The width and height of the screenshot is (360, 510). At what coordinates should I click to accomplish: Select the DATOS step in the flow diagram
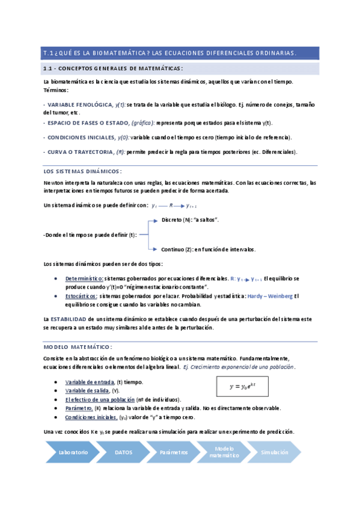[x=123, y=452]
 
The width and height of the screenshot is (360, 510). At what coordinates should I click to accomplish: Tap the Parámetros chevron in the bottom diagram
[x=174, y=452]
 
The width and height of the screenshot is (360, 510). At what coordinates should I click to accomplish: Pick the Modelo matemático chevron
[x=224, y=452]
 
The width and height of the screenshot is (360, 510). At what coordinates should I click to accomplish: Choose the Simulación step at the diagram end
[x=274, y=452]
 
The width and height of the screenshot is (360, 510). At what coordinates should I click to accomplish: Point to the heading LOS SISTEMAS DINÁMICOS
[x=83, y=171]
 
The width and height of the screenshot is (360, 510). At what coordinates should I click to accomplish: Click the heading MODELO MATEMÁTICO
[x=78, y=347]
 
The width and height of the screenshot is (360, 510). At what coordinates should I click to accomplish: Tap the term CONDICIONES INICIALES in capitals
[x=82, y=137]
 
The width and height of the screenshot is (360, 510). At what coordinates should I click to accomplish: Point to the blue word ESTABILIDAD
[x=68, y=318]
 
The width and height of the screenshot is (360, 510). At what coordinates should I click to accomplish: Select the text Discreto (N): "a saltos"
[x=190, y=221]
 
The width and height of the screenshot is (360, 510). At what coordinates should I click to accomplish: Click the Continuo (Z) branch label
[x=208, y=249]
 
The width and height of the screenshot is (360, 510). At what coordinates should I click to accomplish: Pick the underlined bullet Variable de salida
[x=87, y=390]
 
